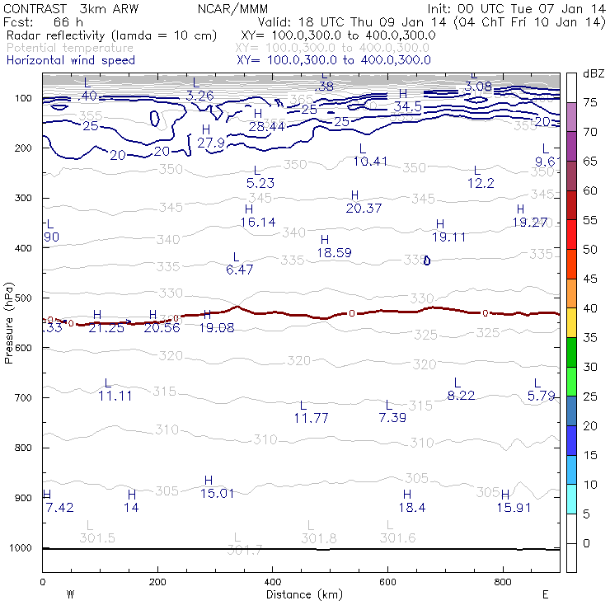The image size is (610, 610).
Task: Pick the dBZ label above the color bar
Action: point(594,73)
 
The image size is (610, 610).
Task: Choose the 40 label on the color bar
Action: point(591,307)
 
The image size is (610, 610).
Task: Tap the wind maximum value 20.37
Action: point(364,209)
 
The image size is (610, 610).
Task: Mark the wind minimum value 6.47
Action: point(239,270)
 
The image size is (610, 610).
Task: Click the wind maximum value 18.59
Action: point(334,253)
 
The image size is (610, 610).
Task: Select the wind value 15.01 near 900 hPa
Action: point(218,493)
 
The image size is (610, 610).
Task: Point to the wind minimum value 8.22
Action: point(461,396)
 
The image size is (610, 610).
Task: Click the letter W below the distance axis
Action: point(70,594)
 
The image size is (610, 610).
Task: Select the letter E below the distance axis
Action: point(546,594)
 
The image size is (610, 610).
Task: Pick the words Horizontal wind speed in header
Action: point(70,60)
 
